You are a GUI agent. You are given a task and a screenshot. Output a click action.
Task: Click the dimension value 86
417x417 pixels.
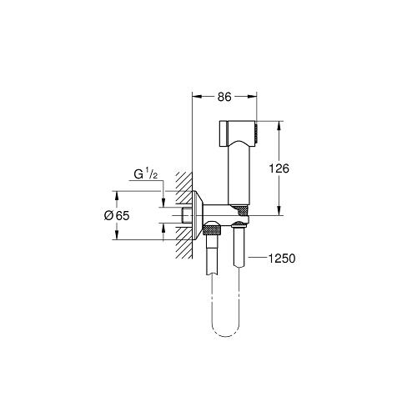click(224, 97)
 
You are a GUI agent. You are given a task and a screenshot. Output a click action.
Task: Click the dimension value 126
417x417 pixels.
click(279, 168)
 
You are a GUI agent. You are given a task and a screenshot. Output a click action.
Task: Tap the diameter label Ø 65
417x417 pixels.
click(117, 215)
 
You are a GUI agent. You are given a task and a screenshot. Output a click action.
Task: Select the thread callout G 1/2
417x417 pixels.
click(146, 174)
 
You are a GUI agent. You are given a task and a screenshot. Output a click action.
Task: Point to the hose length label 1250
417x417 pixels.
click(282, 259)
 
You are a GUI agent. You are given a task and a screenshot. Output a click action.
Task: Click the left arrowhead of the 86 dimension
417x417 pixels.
click(197, 97)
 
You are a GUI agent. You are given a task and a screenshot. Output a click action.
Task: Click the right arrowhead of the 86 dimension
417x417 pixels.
click(252, 97)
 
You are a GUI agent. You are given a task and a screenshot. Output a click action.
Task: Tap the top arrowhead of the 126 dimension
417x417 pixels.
click(279, 126)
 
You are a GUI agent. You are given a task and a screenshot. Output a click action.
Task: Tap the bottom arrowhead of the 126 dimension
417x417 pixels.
click(279, 210)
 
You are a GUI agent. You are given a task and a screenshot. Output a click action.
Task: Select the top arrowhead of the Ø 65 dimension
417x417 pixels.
click(117, 196)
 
